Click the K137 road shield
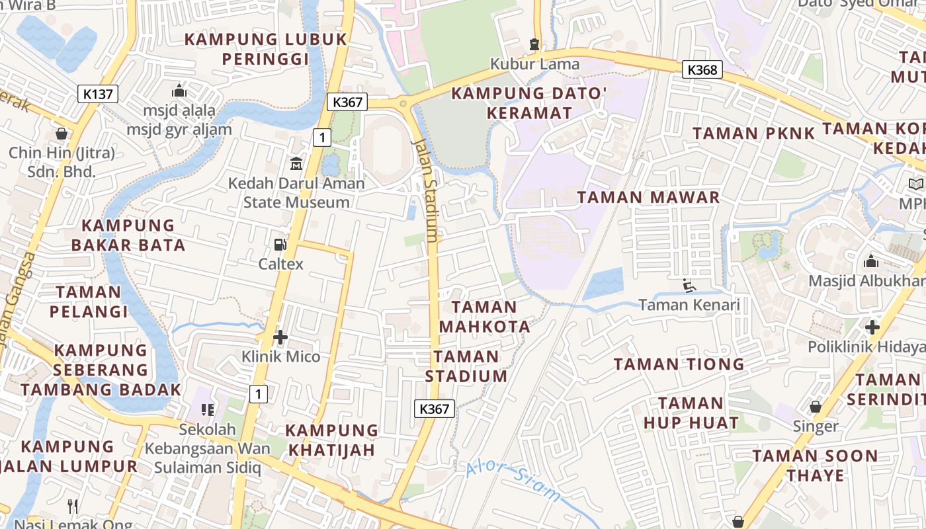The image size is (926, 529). click(98, 94)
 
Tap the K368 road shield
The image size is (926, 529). click(702, 69)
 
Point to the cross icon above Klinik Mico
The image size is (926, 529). click(280, 337)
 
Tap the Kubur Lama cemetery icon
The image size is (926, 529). click(534, 44)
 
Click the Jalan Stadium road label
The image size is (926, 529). click(425, 192)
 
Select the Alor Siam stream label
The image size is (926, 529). click(513, 481)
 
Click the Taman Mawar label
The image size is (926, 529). click(648, 197)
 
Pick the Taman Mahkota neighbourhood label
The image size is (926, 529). click(485, 316)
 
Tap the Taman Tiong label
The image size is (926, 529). click(679, 364)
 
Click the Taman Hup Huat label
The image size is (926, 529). click(691, 413)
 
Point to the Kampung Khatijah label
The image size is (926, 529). click(331, 440)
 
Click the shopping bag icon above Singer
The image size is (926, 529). click(816, 406)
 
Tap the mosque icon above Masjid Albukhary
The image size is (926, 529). click(871, 261)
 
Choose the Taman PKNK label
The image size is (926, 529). click(753, 134)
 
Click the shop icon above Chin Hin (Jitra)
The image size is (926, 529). click(62, 134)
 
